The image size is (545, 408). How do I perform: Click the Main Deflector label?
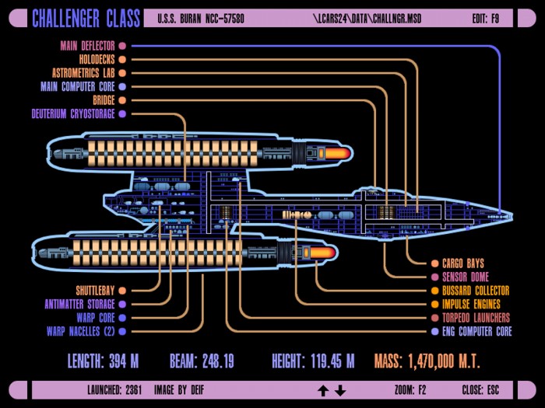(87, 46)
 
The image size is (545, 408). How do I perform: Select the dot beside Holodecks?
(122, 59)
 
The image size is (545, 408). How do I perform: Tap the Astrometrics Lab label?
(83, 73)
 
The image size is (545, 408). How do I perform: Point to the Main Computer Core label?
(78, 86)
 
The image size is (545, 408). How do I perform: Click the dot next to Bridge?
(122, 100)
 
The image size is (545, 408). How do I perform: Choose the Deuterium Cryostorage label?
(73, 113)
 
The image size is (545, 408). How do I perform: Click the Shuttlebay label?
(95, 291)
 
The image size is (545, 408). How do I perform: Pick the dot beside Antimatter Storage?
(122, 305)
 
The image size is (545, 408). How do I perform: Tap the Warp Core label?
(96, 318)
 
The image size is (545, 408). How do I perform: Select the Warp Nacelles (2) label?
(81, 331)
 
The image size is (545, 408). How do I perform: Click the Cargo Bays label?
(463, 263)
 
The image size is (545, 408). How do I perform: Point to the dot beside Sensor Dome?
(434, 277)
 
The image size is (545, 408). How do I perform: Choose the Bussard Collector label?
(476, 291)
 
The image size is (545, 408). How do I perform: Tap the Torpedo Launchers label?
(476, 318)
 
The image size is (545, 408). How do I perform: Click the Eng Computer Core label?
(476, 331)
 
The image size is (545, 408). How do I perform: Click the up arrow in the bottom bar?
(323, 390)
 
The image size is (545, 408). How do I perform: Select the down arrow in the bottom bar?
(340, 390)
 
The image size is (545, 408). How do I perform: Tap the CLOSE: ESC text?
(480, 390)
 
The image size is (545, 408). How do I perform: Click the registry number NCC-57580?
(225, 19)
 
